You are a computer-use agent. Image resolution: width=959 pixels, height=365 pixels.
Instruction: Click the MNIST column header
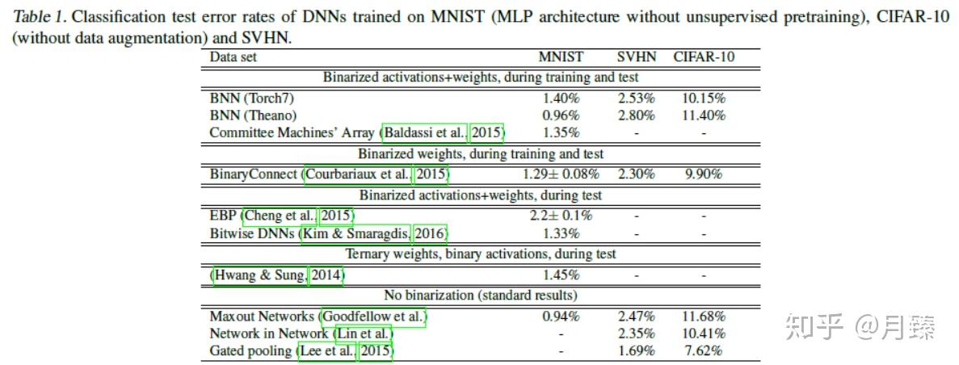(561, 57)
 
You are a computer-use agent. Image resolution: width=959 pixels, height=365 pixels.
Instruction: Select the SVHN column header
(637, 57)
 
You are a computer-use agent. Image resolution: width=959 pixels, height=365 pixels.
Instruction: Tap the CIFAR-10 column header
(704, 57)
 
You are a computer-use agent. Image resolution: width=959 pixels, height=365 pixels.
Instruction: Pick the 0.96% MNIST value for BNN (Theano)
(561, 115)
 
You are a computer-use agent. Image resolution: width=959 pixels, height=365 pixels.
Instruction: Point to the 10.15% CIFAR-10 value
(705, 98)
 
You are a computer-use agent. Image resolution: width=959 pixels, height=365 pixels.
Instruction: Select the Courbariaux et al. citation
(358, 174)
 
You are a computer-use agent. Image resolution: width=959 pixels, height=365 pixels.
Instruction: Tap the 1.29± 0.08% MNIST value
(561, 174)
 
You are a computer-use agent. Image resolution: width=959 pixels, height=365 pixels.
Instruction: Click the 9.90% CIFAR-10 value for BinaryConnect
(704, 174)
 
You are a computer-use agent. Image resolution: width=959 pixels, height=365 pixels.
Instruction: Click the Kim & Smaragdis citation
(355, 233)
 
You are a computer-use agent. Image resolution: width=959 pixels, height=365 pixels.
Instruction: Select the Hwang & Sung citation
(260, 275)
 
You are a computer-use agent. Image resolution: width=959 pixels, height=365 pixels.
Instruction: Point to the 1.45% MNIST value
(561, 275)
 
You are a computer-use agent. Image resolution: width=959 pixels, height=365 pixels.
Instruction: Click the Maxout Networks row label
(263, 317)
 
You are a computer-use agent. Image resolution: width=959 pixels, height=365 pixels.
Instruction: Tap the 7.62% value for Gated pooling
(704, 350)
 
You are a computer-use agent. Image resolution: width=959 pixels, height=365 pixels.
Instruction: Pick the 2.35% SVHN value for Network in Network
(637, 334)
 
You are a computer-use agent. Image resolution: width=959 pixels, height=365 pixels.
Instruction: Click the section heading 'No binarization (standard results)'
(480, 296)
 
